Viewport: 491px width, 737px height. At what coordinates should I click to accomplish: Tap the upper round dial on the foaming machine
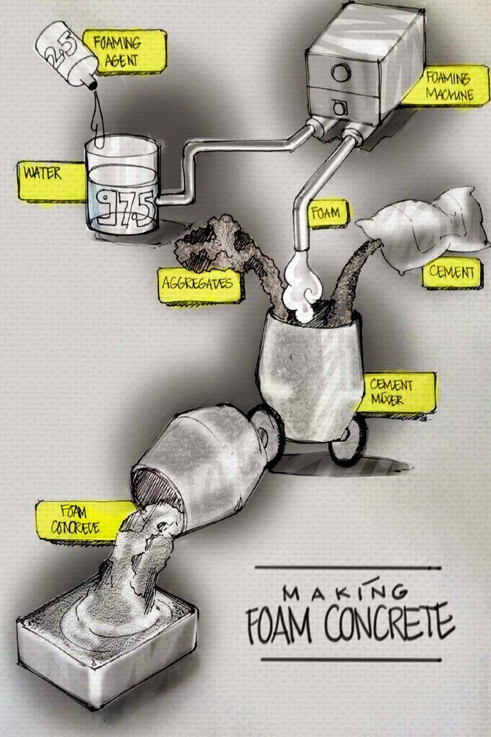coord(341,73)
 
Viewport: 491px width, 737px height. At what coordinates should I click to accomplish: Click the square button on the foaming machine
coord(339,108)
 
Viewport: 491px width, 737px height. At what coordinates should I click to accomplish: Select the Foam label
coord(327,213)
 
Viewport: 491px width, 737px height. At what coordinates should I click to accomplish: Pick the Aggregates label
coord(198,283)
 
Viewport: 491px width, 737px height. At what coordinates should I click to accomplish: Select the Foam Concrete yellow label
coord(76,519)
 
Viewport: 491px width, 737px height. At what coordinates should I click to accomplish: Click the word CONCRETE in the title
coord(389,624)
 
